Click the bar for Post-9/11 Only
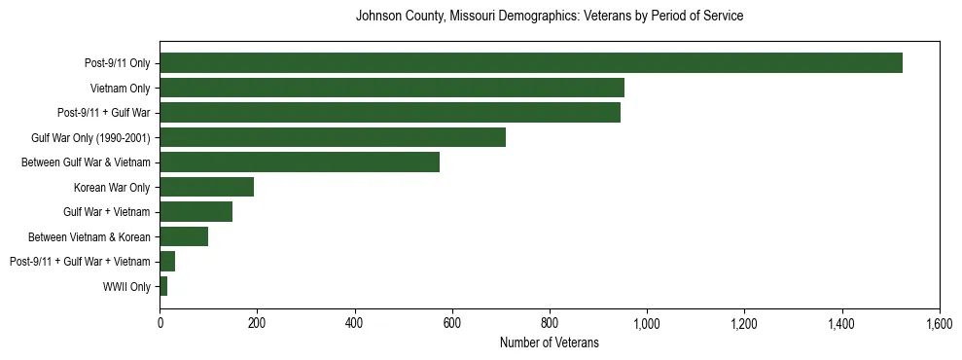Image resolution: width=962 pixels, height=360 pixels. pyautogui.click(x=530, y=63)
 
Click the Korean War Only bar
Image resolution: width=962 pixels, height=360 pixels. pyautogui.click(x=206, y=187)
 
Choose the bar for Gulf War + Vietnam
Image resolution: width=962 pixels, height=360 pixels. pyautogui.click(x=196, y=212)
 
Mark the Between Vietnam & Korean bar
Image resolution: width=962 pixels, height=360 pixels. pyautogui.click(x=184, y=236)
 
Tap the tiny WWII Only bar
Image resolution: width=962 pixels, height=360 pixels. pyautogui.click(x=163, y=286)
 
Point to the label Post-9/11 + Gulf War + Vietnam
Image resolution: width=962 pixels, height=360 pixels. pyautogui.click(x=80, y=262)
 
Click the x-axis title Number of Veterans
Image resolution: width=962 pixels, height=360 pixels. pyautogui.click(x=549, y=342)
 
